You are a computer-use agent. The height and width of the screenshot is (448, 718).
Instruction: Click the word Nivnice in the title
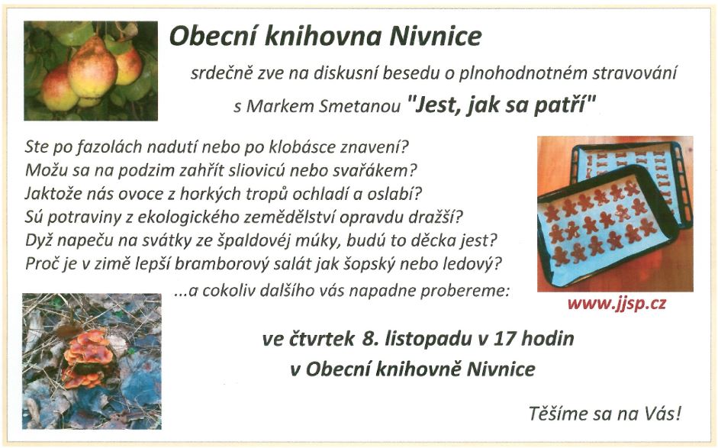(436, 37)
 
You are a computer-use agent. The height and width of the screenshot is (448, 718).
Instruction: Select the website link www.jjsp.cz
(617, 303)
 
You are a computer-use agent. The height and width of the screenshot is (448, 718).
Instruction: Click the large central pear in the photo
(93, 68)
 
